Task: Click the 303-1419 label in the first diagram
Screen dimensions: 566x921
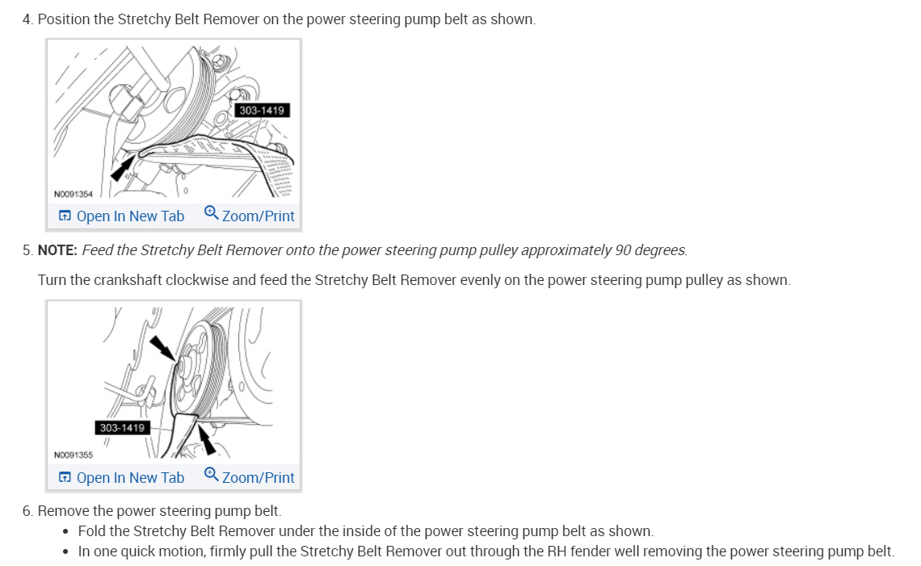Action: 262,110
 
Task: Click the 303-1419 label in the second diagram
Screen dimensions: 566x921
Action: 122,427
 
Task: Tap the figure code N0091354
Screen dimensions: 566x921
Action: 73,194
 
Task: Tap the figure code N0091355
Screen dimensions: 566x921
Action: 73,455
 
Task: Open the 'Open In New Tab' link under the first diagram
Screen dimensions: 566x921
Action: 121,216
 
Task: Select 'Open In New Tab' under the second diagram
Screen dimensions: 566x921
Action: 121,478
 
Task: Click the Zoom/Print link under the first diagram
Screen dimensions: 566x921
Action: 258,216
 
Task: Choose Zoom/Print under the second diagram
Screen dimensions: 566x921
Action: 258,478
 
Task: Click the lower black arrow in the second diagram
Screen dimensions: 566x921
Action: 208,440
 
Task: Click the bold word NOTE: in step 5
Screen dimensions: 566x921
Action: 57,250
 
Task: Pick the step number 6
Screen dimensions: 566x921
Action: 27,511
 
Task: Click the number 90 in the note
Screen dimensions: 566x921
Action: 623,250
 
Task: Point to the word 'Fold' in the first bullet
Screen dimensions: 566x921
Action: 91,531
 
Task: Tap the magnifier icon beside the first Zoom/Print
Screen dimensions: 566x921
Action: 211,213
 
